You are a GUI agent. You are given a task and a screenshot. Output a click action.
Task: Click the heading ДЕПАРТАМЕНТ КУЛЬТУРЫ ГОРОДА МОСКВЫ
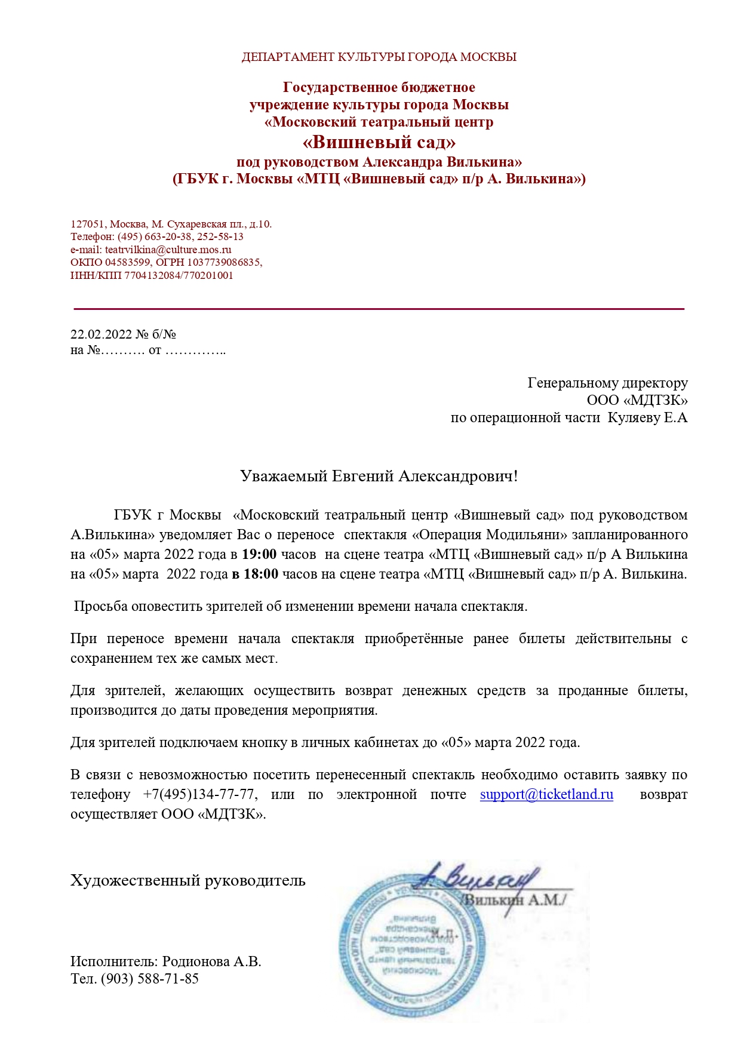pyautogui.click(x=379, y=57)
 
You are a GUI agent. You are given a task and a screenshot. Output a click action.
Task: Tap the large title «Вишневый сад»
pyautogui.click(x=379, y=142)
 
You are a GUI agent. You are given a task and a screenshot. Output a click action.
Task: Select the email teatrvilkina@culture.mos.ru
pyautogui.click(x=168, y=250)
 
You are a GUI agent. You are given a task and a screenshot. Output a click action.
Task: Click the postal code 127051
pyautogui.click(x=88, y=224)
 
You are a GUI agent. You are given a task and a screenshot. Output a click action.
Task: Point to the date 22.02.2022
pyautogui.click(x=101, y=334)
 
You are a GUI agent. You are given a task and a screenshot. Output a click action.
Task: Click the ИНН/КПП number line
pyautogui.click(x=152, y=275)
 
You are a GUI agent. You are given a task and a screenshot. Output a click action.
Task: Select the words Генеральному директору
pyautogui.click(x=607, y=383)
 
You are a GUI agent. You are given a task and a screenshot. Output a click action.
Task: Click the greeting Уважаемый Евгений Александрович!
pyautogui.click(x=379, y=476)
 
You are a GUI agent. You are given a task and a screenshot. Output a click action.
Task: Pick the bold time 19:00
pyautogui.click(x=259, y=554)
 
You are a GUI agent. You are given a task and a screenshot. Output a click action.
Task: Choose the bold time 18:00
pyautogui.click(x=261, y=574)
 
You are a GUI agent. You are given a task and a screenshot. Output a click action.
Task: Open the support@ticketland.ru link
pyautogui.click(x=546, y=794)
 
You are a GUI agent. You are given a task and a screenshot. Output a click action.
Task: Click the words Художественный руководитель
pyautogui.click(x=188, y=880)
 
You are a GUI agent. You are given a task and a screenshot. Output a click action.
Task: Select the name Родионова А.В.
pyautogui.click(x=211, y=961)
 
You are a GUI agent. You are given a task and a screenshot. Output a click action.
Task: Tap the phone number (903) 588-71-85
pyautogui.click(x=149, y=979)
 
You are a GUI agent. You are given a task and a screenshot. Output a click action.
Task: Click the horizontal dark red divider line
pyautogui.click(x=379, y=309)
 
